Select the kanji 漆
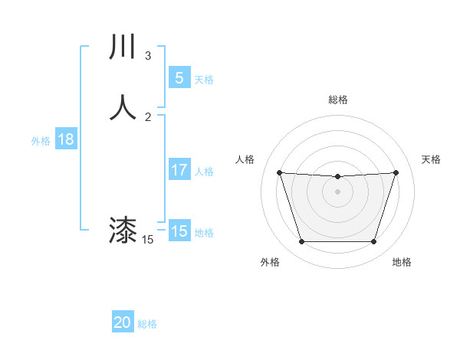123,230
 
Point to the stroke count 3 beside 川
148,56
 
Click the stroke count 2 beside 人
148,116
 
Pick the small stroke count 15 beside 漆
148,240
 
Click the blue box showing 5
179,77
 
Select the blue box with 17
179,170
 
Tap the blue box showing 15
179,231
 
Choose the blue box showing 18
65,139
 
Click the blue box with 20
123,322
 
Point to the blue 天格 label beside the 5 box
204,80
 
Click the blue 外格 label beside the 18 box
41,141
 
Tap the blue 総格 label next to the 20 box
147,325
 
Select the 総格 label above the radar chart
337,100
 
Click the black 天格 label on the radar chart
432,159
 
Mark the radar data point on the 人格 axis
279,172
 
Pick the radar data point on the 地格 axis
373,242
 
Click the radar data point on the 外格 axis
301,242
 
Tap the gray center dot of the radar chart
337,191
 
